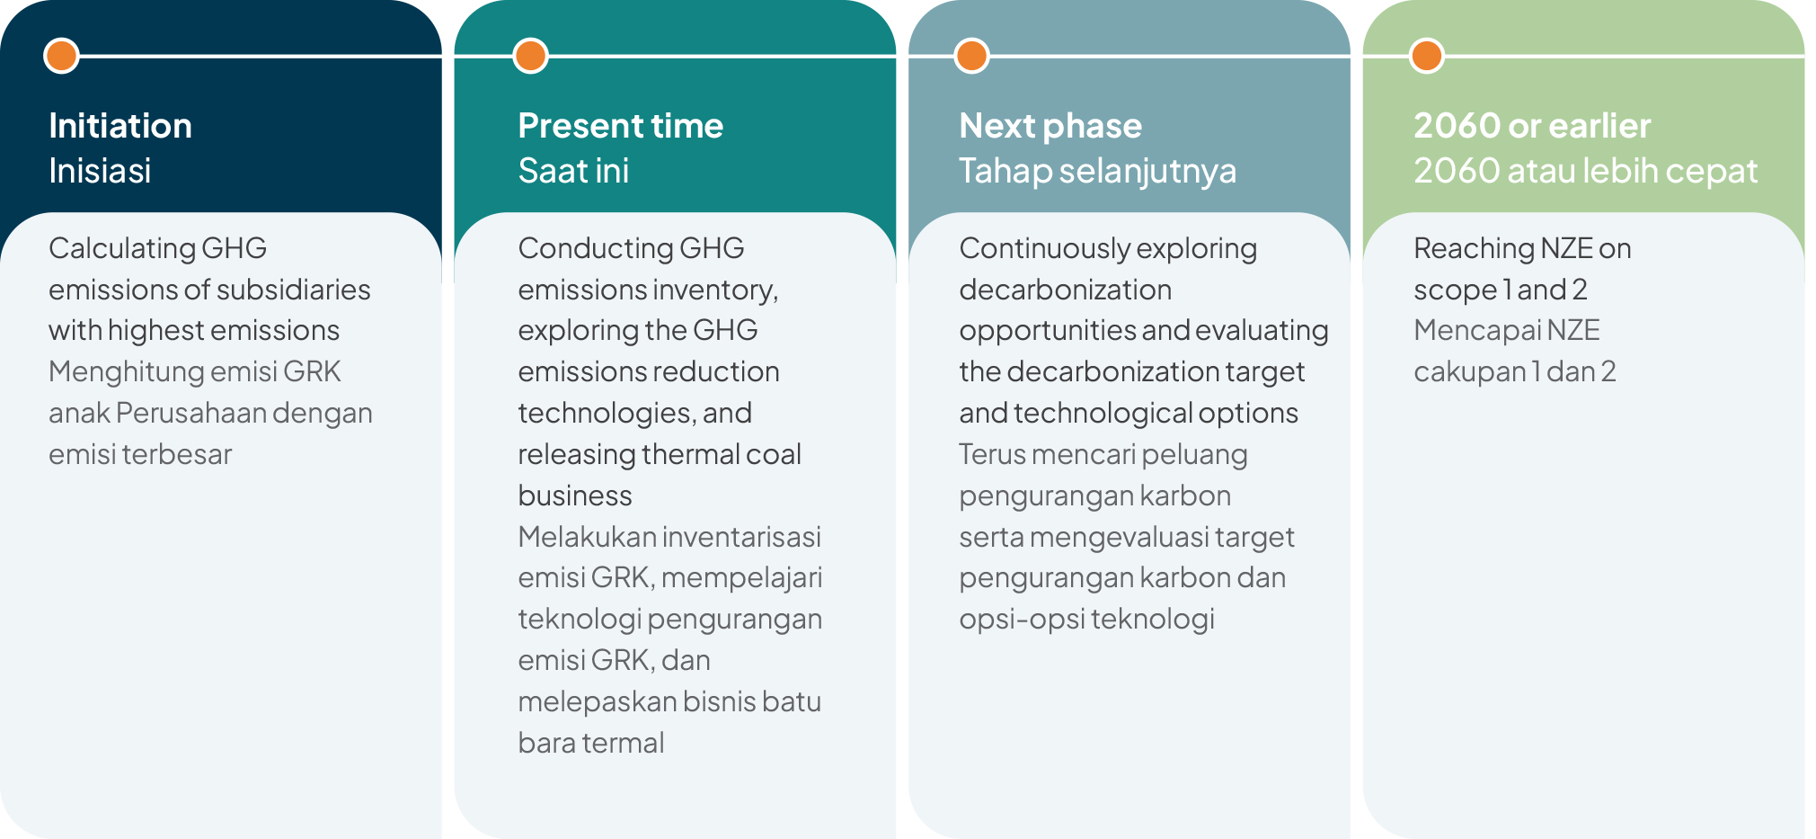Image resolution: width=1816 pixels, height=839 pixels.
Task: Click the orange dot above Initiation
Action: [61, 56]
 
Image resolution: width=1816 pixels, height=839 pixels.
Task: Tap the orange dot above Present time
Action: [531, 56]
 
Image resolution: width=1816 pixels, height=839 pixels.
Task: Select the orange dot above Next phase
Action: [971, 56]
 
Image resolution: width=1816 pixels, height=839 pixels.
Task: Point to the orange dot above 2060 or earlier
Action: [1426, 56]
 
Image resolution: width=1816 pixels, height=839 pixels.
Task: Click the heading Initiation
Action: [120, 126]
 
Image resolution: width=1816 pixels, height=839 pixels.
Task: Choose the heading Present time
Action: [621, 126]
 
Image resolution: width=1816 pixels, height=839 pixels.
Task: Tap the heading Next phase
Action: [1050, 127]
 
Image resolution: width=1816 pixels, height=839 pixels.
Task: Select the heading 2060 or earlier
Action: [1532, 126]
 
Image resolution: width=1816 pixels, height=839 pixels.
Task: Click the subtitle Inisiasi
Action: [100, 171]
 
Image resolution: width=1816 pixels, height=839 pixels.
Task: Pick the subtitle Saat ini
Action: [573, 171]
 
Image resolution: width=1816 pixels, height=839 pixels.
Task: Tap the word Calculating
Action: [121, 249]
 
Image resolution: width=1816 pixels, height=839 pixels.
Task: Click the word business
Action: [575, 495]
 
